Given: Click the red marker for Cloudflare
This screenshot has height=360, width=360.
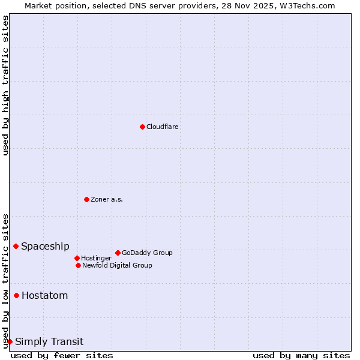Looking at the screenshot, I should pyautogui.click(x=142, y=127).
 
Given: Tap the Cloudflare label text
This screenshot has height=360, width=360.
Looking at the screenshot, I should pyautogui.click(x=162, y=127).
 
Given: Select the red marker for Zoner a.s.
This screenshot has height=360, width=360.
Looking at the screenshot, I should pyautogui.click(x=86, y=199).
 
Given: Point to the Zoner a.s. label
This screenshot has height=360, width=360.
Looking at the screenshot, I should pyautogui.click(x=107, y=199).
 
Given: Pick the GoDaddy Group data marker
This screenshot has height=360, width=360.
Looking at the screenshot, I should pyautogui.click(x=118, y=253).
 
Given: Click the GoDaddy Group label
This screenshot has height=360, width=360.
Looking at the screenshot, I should pyautogui.click(x=147, y=253).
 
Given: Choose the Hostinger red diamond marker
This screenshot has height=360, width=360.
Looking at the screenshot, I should pyautogui.click(x=77, y=258).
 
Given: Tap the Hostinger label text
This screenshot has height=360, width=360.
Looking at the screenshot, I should pyautogui.click(x=96, y=258).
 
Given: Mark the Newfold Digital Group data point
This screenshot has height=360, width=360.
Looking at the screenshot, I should pyautogui.click(x=78, y=265).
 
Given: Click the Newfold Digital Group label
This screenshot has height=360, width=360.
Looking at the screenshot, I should pyautogui.click(x=117, y=265).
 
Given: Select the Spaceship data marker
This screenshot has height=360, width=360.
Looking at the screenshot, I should pyautogui.click(x=16, y=246).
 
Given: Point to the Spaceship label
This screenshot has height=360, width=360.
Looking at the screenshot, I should pyautogui.click(x=45, y=246).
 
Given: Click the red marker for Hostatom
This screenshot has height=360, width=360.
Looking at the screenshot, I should pyautogui.click(x=16, y=295).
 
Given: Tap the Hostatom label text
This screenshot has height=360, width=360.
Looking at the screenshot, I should pyautogui.click(x=44, y=295).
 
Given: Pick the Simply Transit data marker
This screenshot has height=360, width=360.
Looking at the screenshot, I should pyautogui.click(x=10, y=341).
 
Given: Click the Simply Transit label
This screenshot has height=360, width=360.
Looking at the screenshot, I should pyautogui.click(x=49, y=342).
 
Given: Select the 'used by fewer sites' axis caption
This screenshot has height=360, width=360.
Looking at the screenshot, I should pyautogui.click(x=62, y=355).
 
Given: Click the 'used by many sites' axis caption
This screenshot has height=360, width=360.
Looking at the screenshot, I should pyautogui.click(x=301, y=355).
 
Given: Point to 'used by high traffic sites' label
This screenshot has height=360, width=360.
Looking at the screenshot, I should pyautogui.click(x=5, y=85).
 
